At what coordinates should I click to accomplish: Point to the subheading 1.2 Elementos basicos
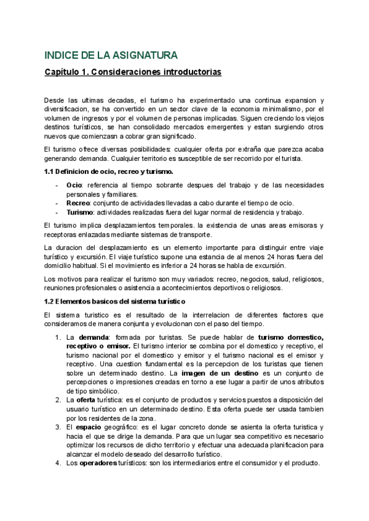click(x=111, y=301)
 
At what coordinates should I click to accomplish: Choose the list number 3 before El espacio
click(x=57, y=426)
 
